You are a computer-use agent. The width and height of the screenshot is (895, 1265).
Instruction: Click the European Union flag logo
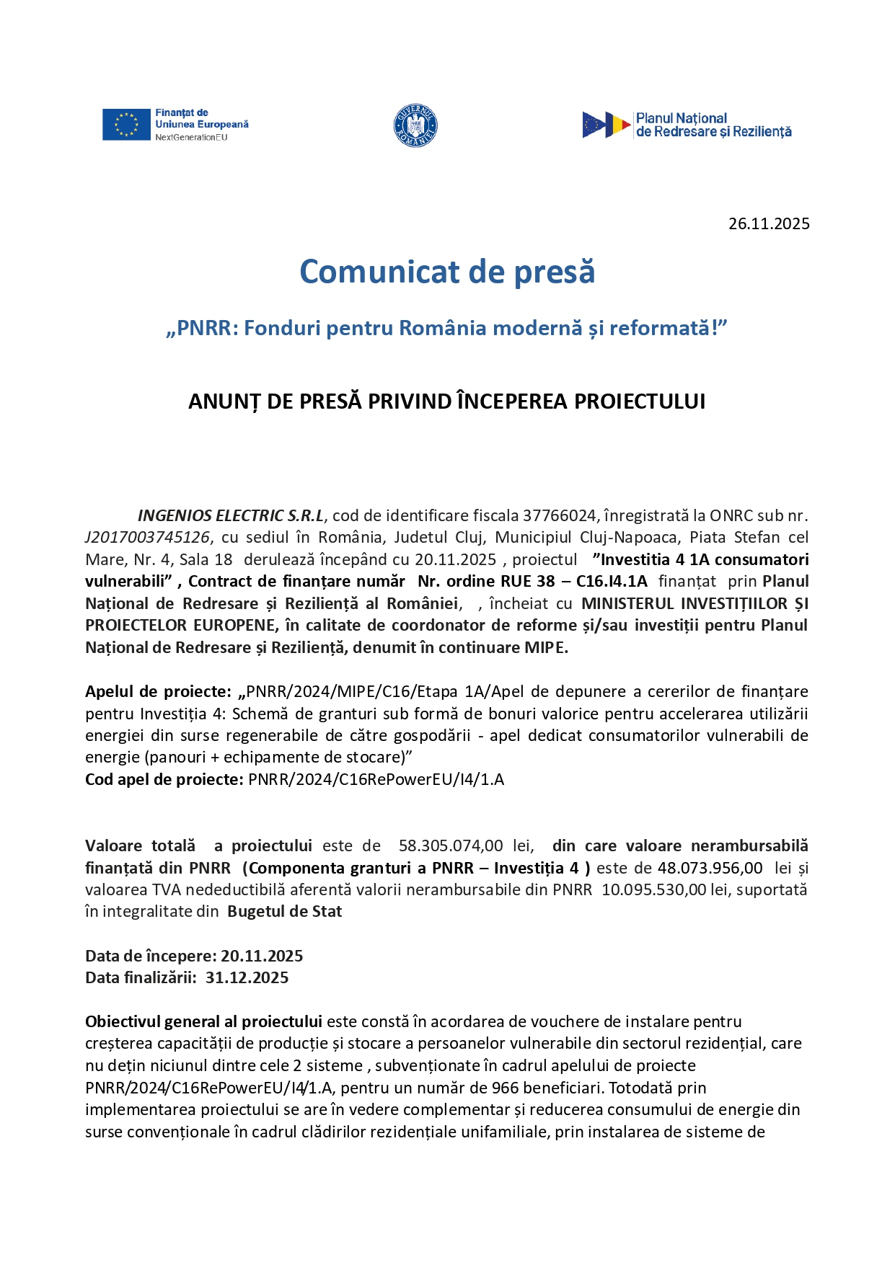point(126,125)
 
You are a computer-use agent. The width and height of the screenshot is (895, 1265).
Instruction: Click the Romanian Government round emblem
point(415,125)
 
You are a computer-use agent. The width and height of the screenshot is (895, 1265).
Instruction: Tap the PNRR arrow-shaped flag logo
point(607,125)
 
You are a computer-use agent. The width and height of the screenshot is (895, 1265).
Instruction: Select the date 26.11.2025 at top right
point(769,223)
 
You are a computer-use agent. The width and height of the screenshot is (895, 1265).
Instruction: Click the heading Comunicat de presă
point(447,272)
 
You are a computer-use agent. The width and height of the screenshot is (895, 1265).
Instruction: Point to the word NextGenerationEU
point(191,138)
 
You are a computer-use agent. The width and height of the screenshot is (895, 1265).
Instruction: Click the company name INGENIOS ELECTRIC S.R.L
point(231,515)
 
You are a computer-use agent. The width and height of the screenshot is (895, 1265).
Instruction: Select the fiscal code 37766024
point(560,515)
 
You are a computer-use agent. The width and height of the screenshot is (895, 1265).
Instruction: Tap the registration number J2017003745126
point(147,538)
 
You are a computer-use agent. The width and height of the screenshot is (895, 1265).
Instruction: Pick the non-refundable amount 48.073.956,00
point(710,868)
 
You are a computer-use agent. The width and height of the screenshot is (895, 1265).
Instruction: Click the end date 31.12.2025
point(247,978)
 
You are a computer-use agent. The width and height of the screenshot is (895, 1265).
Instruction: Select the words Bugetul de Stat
point(284,912)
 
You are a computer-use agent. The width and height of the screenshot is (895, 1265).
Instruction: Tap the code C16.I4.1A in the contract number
point(612,582)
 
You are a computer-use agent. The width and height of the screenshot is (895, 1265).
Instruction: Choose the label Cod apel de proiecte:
point(164,779)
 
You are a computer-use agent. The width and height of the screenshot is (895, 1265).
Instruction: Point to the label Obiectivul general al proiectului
point(203,1021)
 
